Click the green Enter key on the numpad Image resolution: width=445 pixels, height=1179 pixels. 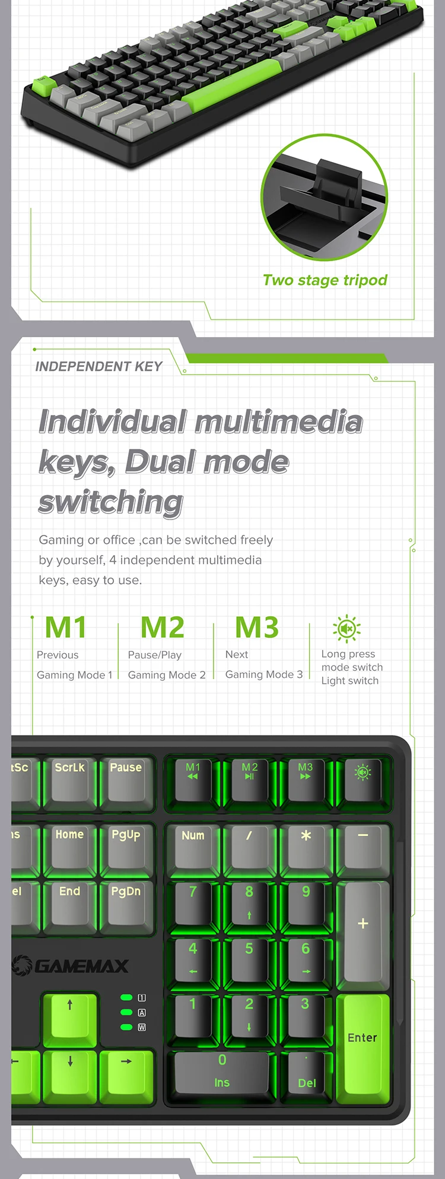pyautogui.click(x=363, y=1045)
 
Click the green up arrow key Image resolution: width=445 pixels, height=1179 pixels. pyautogui.click(x=70, y=1016)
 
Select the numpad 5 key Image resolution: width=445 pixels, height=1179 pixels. pyautogui.click(x=249, y=955)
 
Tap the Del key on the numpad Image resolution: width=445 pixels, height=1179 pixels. pyautogui.click(x=307, y=1075)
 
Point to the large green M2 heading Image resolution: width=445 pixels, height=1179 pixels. pyautogui.click(x=162, y=627)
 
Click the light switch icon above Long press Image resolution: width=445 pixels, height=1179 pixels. pyautogui.click(x=347, y=629)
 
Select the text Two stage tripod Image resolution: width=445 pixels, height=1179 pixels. pyautogui.click(x=325, y=280)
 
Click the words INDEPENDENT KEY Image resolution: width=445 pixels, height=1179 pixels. pyautogui.click(x=98, y=366)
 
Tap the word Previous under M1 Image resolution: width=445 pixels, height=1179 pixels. pyautogui.click(x=58, y=655)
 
